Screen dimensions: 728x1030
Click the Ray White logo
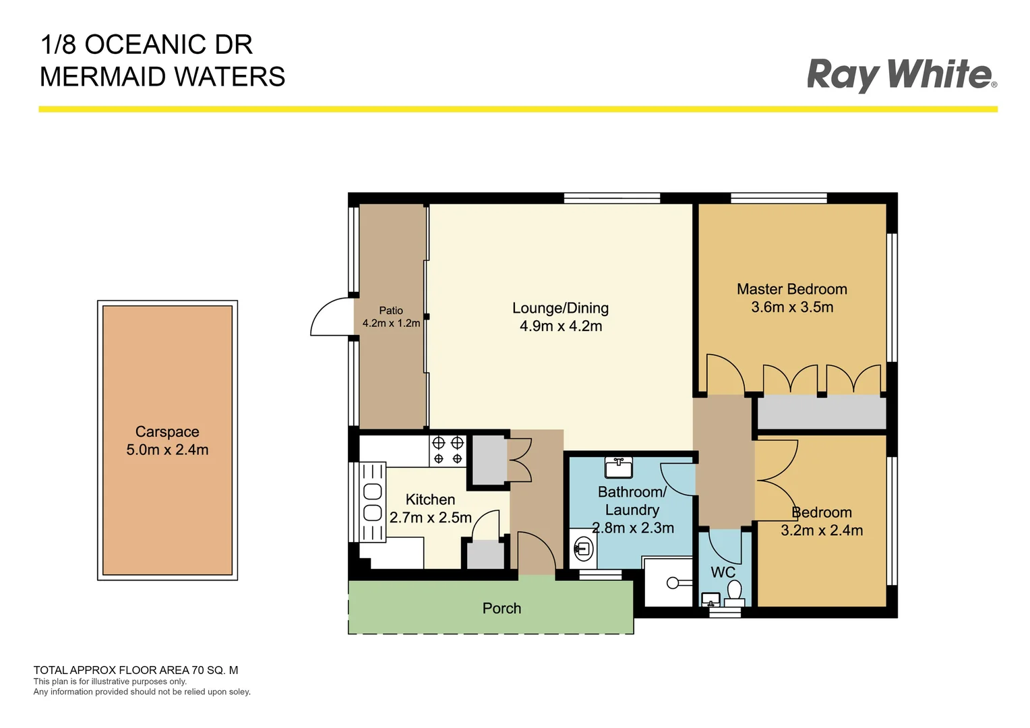tap(901, 74)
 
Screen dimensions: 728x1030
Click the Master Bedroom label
tap(791, 289)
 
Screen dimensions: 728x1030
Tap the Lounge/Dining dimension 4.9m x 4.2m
tap(560, 326)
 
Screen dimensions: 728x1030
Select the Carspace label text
tap(167, 431)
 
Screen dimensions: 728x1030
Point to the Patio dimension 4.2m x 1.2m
tap(391, 324)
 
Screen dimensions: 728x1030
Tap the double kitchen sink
tap(372, 502)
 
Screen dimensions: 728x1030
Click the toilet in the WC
tap(734, 593)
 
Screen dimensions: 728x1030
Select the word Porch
tap(502, 608)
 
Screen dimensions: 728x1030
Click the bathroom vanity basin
tap(618, 466)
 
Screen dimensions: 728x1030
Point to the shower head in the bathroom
tap(672, 582)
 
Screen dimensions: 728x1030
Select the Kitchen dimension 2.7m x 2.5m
tap(430, 518)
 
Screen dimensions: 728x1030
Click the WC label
tap(723, 572)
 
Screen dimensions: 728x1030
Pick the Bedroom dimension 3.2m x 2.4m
tap(821, 530)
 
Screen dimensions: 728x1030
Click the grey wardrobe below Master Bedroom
tap(821, 413)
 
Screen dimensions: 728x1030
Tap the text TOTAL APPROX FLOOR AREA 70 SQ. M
tap(135, 670)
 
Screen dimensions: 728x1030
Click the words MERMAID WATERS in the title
tap(162, 77)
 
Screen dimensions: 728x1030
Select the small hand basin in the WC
tap(710, 599)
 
